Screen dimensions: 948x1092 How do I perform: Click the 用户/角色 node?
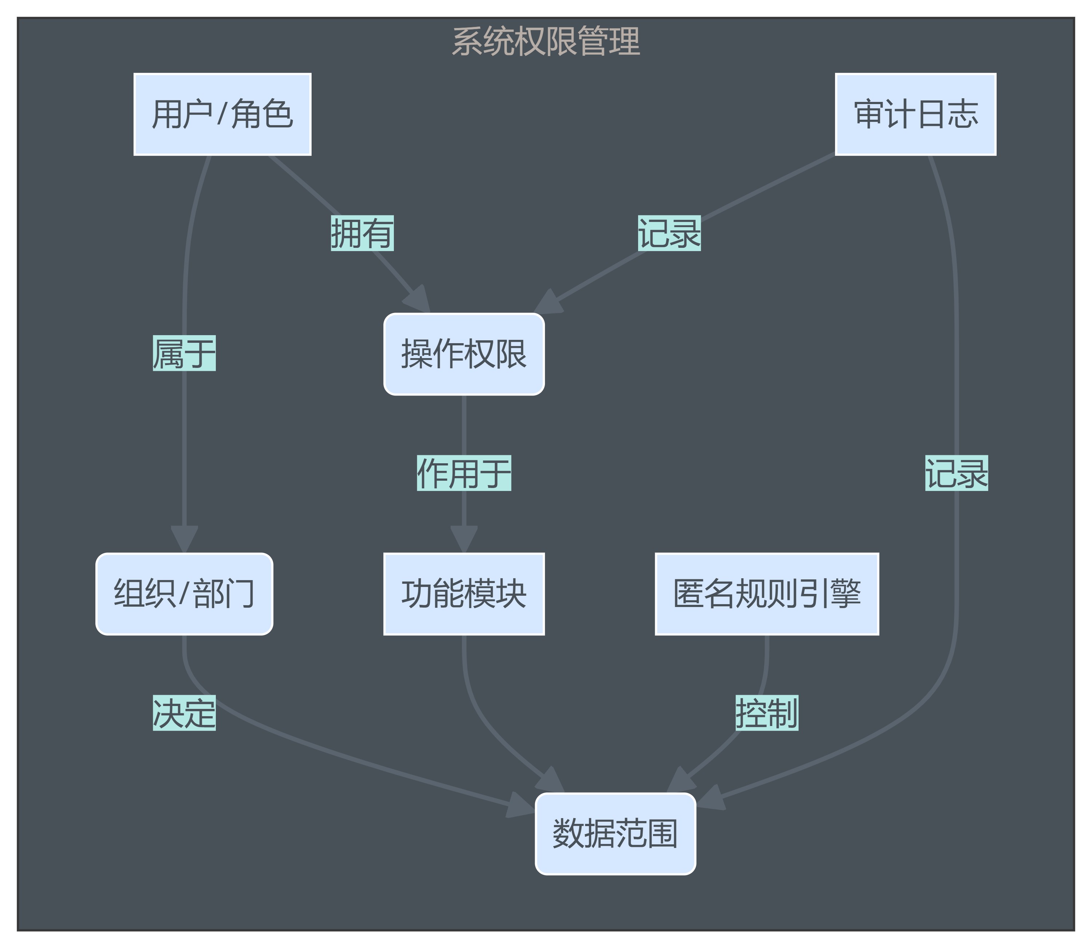coord(222,114)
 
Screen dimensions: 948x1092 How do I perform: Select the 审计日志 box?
coord(915,114)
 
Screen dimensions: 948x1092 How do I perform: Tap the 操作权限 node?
coord(464,354)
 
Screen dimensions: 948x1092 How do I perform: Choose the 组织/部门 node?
coord(184,594)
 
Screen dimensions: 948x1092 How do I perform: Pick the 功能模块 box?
coord(464,594)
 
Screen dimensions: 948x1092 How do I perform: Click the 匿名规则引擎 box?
coord(767,594)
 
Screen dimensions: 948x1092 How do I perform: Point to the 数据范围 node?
coord(615,834)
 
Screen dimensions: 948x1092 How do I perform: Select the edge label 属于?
coord(184,353)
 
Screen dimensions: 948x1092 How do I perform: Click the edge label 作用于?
coord(464,473)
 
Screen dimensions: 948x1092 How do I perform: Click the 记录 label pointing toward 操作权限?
coord(669,233)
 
